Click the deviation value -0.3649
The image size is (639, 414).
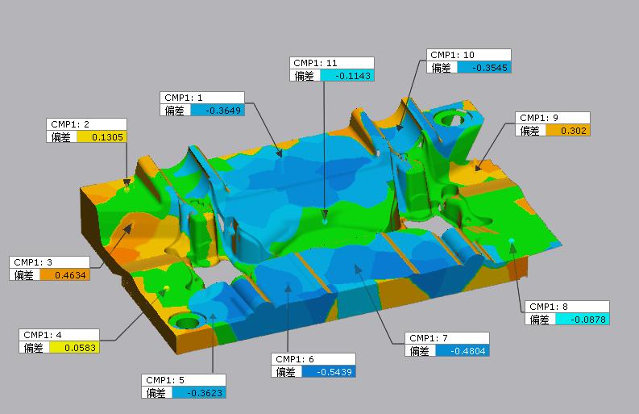click(x=223, y=111)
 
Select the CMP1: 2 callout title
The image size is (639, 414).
click(x=69, y=124)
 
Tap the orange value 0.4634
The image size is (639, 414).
click(x=70, y=275)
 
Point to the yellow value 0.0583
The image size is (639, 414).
click(x=80, y=348)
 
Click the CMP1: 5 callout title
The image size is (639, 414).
click(x=164, y=380)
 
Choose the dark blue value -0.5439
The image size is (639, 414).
click(x=334, y=372)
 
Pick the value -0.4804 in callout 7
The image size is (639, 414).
click(x=468, y=351)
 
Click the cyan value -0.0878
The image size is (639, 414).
click(x=588, y=320)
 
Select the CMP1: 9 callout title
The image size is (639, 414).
click(x=539, y=118)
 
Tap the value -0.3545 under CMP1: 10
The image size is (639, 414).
click(x=489, y=68)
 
